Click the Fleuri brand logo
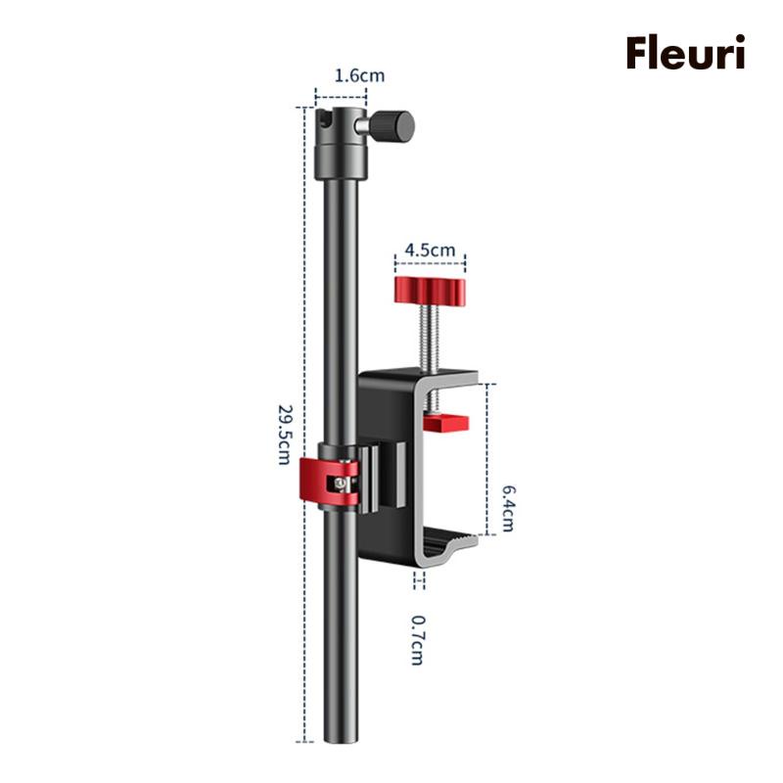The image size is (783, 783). point(686,53)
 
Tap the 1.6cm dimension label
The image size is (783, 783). point(359,75)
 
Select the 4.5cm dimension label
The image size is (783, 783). point(430,250)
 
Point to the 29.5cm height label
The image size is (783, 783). point(284,435)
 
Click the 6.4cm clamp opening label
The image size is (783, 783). point(507,508)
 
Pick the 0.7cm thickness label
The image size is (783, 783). point(418,640)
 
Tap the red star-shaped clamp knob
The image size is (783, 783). point(430,291)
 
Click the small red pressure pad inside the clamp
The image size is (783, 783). point(445,423)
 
